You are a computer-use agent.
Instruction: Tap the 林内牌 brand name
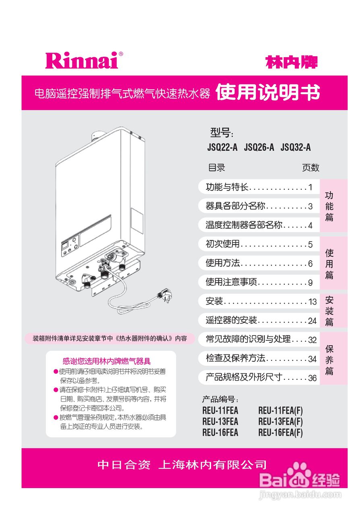(292, 62)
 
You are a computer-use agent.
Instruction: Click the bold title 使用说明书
(268, 93)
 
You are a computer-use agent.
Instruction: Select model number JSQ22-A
(222, 148)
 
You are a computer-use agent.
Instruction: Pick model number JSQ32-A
(296, 148)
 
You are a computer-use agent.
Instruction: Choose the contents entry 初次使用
(223, 244)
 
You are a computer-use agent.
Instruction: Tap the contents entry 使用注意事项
(231, 282)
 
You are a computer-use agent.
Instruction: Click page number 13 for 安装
(312, 302)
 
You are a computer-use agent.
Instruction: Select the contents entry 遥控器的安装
(231, 320)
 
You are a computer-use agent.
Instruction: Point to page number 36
(312, 378)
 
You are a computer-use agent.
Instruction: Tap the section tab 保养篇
(329, 360)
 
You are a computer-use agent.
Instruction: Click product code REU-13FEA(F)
(280, 422)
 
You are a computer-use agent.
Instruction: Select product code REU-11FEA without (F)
(220, 411)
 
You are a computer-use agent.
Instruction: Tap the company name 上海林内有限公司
(213, 465)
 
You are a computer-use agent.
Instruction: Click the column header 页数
(310, 168)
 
